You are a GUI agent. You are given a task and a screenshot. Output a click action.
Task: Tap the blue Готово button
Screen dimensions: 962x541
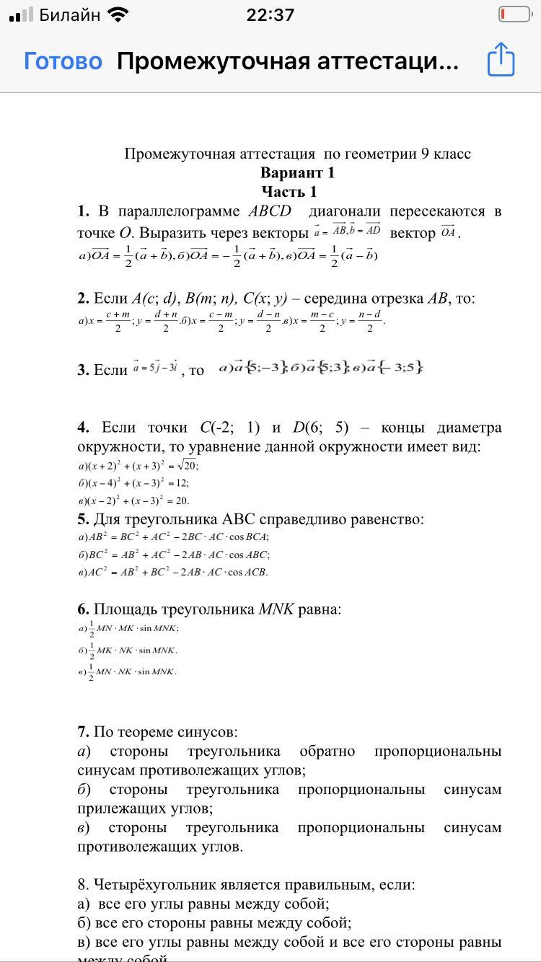[63, 61]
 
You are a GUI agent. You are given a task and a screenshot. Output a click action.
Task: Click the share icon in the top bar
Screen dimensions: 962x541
[501, 60]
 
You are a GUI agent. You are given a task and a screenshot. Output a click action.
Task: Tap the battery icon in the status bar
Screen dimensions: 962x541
[515, 14]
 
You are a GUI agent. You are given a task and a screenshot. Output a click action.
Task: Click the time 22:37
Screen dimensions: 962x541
[270, 15]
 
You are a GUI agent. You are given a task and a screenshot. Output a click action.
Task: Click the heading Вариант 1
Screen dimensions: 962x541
[297, 173]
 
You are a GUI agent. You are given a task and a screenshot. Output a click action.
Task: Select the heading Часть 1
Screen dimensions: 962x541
[289, 192]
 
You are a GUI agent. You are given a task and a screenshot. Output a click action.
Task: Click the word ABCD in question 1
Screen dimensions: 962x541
[269, 211]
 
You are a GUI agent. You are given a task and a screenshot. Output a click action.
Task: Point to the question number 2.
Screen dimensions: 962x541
[83, 299]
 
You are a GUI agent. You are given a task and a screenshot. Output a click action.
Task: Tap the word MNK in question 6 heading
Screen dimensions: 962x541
[276, 609]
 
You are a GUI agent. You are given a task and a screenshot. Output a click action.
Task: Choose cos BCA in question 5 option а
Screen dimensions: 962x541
[247, 537]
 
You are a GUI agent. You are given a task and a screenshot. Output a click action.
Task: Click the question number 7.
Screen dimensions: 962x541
[83, 733]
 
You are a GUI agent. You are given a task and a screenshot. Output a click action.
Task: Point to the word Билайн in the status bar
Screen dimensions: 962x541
[70, 15]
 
